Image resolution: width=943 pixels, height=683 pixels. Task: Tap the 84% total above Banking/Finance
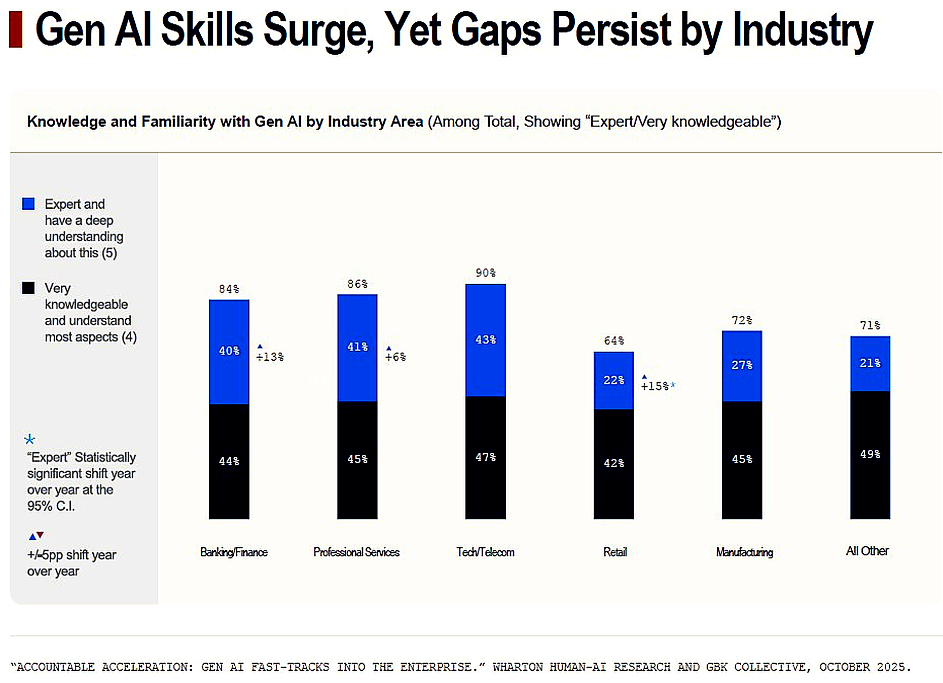[x=229, y=289]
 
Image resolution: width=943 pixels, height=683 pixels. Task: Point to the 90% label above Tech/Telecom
[x=485, y=273]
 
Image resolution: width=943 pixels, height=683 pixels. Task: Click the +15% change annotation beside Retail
[x=655, y=386]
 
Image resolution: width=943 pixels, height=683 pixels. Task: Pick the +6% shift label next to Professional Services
[x=395, y=357]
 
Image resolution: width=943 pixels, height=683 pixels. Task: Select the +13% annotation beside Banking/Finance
[x=270, y=357]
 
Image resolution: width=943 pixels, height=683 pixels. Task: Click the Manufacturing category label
[x=744, y=552]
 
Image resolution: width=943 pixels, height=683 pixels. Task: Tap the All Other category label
[x=867, y=551]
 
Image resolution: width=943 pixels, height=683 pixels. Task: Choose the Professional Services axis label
[x=356, y=552]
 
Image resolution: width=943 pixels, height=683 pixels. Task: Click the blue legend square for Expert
[x=28, y=204]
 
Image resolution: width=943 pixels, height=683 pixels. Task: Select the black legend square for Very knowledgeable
[x=28, y=288]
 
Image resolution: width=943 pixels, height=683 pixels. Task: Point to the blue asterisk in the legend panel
[x=30, y=439]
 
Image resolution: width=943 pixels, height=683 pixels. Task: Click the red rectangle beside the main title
[x=16, y=29]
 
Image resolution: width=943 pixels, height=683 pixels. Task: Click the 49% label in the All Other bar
[x=870, y=454]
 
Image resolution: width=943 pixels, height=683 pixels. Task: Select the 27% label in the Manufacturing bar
[x=742, y=365]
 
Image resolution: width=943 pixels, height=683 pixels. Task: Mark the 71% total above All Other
[x=870, y=325]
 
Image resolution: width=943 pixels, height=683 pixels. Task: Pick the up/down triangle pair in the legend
[x=36, y=536]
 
